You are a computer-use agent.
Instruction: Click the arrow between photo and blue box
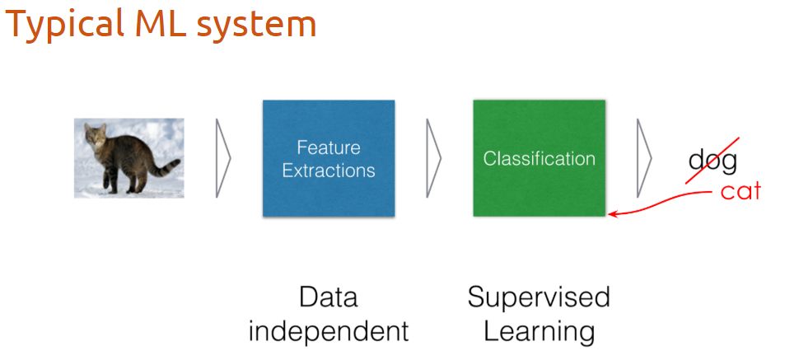pyautogui.click(x=222, y=158)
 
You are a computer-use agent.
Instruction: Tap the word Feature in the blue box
pyautogui.click(x=329, y=148)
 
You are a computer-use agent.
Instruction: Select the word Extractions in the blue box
pyautogui.click(x=329, y=171)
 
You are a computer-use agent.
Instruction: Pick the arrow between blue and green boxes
pyautogui.click(x=433, y=158)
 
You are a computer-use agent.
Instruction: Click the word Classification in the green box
pyautogui.click(x=539, y=159)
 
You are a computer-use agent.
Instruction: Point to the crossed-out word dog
pyautogui.click(x=713, y=161)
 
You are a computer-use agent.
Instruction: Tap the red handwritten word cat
pyautogui.click(x=741, y=192)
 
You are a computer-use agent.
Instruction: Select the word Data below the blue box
pyautogui.click(x=328, y=297)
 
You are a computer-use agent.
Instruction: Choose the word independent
pyautogui.click(x=328, y=331)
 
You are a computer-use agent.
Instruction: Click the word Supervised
pyautogui.click(x=539, y=297)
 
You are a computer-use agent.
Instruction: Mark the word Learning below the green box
pyautogui.click(x=539, y=331)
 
